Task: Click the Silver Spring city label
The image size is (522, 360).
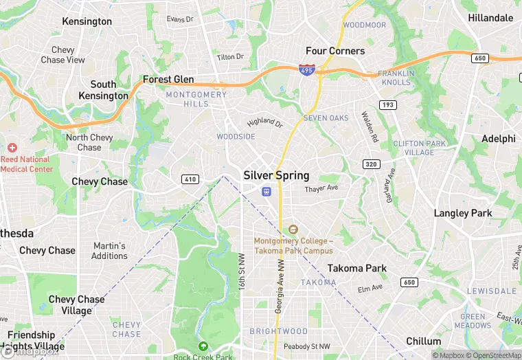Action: click(276, 175)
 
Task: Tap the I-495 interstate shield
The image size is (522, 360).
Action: click(307, 69)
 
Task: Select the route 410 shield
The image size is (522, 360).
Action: click(190, 179)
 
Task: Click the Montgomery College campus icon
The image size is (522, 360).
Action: click(293, 229)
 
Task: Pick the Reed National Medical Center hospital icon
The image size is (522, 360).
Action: click(12, 148)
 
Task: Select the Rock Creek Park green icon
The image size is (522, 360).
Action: click(203, 346)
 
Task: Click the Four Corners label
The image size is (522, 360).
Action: click(335, 51)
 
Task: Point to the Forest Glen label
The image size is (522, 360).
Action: click(168, 80)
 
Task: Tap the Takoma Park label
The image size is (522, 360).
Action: click(356, 268)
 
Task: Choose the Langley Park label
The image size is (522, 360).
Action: click(463, 213)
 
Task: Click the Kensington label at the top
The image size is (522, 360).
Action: click(87, 21)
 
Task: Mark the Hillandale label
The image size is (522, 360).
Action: click(491, 17)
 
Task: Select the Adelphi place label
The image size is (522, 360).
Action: click(498, 138)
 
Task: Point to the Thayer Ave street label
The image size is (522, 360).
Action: click(321, 188)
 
